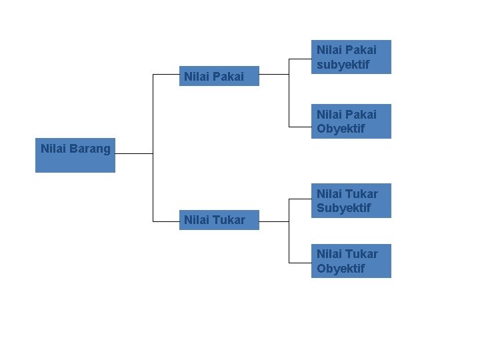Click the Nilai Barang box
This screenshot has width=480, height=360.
point(75,155)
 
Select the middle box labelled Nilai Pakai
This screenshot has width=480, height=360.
point(219,77)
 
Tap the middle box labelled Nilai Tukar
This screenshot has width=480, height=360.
point(219,219)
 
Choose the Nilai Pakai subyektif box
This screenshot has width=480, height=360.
point(351,57)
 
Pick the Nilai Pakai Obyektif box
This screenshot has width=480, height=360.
point(351,121)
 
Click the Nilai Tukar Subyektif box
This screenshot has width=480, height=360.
point(351,201)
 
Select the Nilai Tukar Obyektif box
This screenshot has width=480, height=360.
point(351,261)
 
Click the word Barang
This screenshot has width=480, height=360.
point(90,149)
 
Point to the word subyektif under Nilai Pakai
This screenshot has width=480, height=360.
point(343,65)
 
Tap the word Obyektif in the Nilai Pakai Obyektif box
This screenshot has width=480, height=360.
point(341,129)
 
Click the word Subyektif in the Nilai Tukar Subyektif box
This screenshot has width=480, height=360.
point(344,208)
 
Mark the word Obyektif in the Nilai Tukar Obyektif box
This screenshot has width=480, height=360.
point(341,269)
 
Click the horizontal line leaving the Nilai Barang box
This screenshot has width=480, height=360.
point(133,153)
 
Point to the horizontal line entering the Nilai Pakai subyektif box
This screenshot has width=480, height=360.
point(300,59)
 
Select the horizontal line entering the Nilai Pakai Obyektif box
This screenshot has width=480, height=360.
point(300,126)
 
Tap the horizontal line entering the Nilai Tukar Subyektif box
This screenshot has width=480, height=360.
point(300,199)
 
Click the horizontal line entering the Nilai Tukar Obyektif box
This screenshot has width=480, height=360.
point(300,261)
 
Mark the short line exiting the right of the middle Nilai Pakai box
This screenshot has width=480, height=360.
point(273,74)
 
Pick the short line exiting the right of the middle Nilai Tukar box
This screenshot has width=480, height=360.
point(273,221)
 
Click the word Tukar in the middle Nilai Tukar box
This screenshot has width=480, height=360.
point(231,219)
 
